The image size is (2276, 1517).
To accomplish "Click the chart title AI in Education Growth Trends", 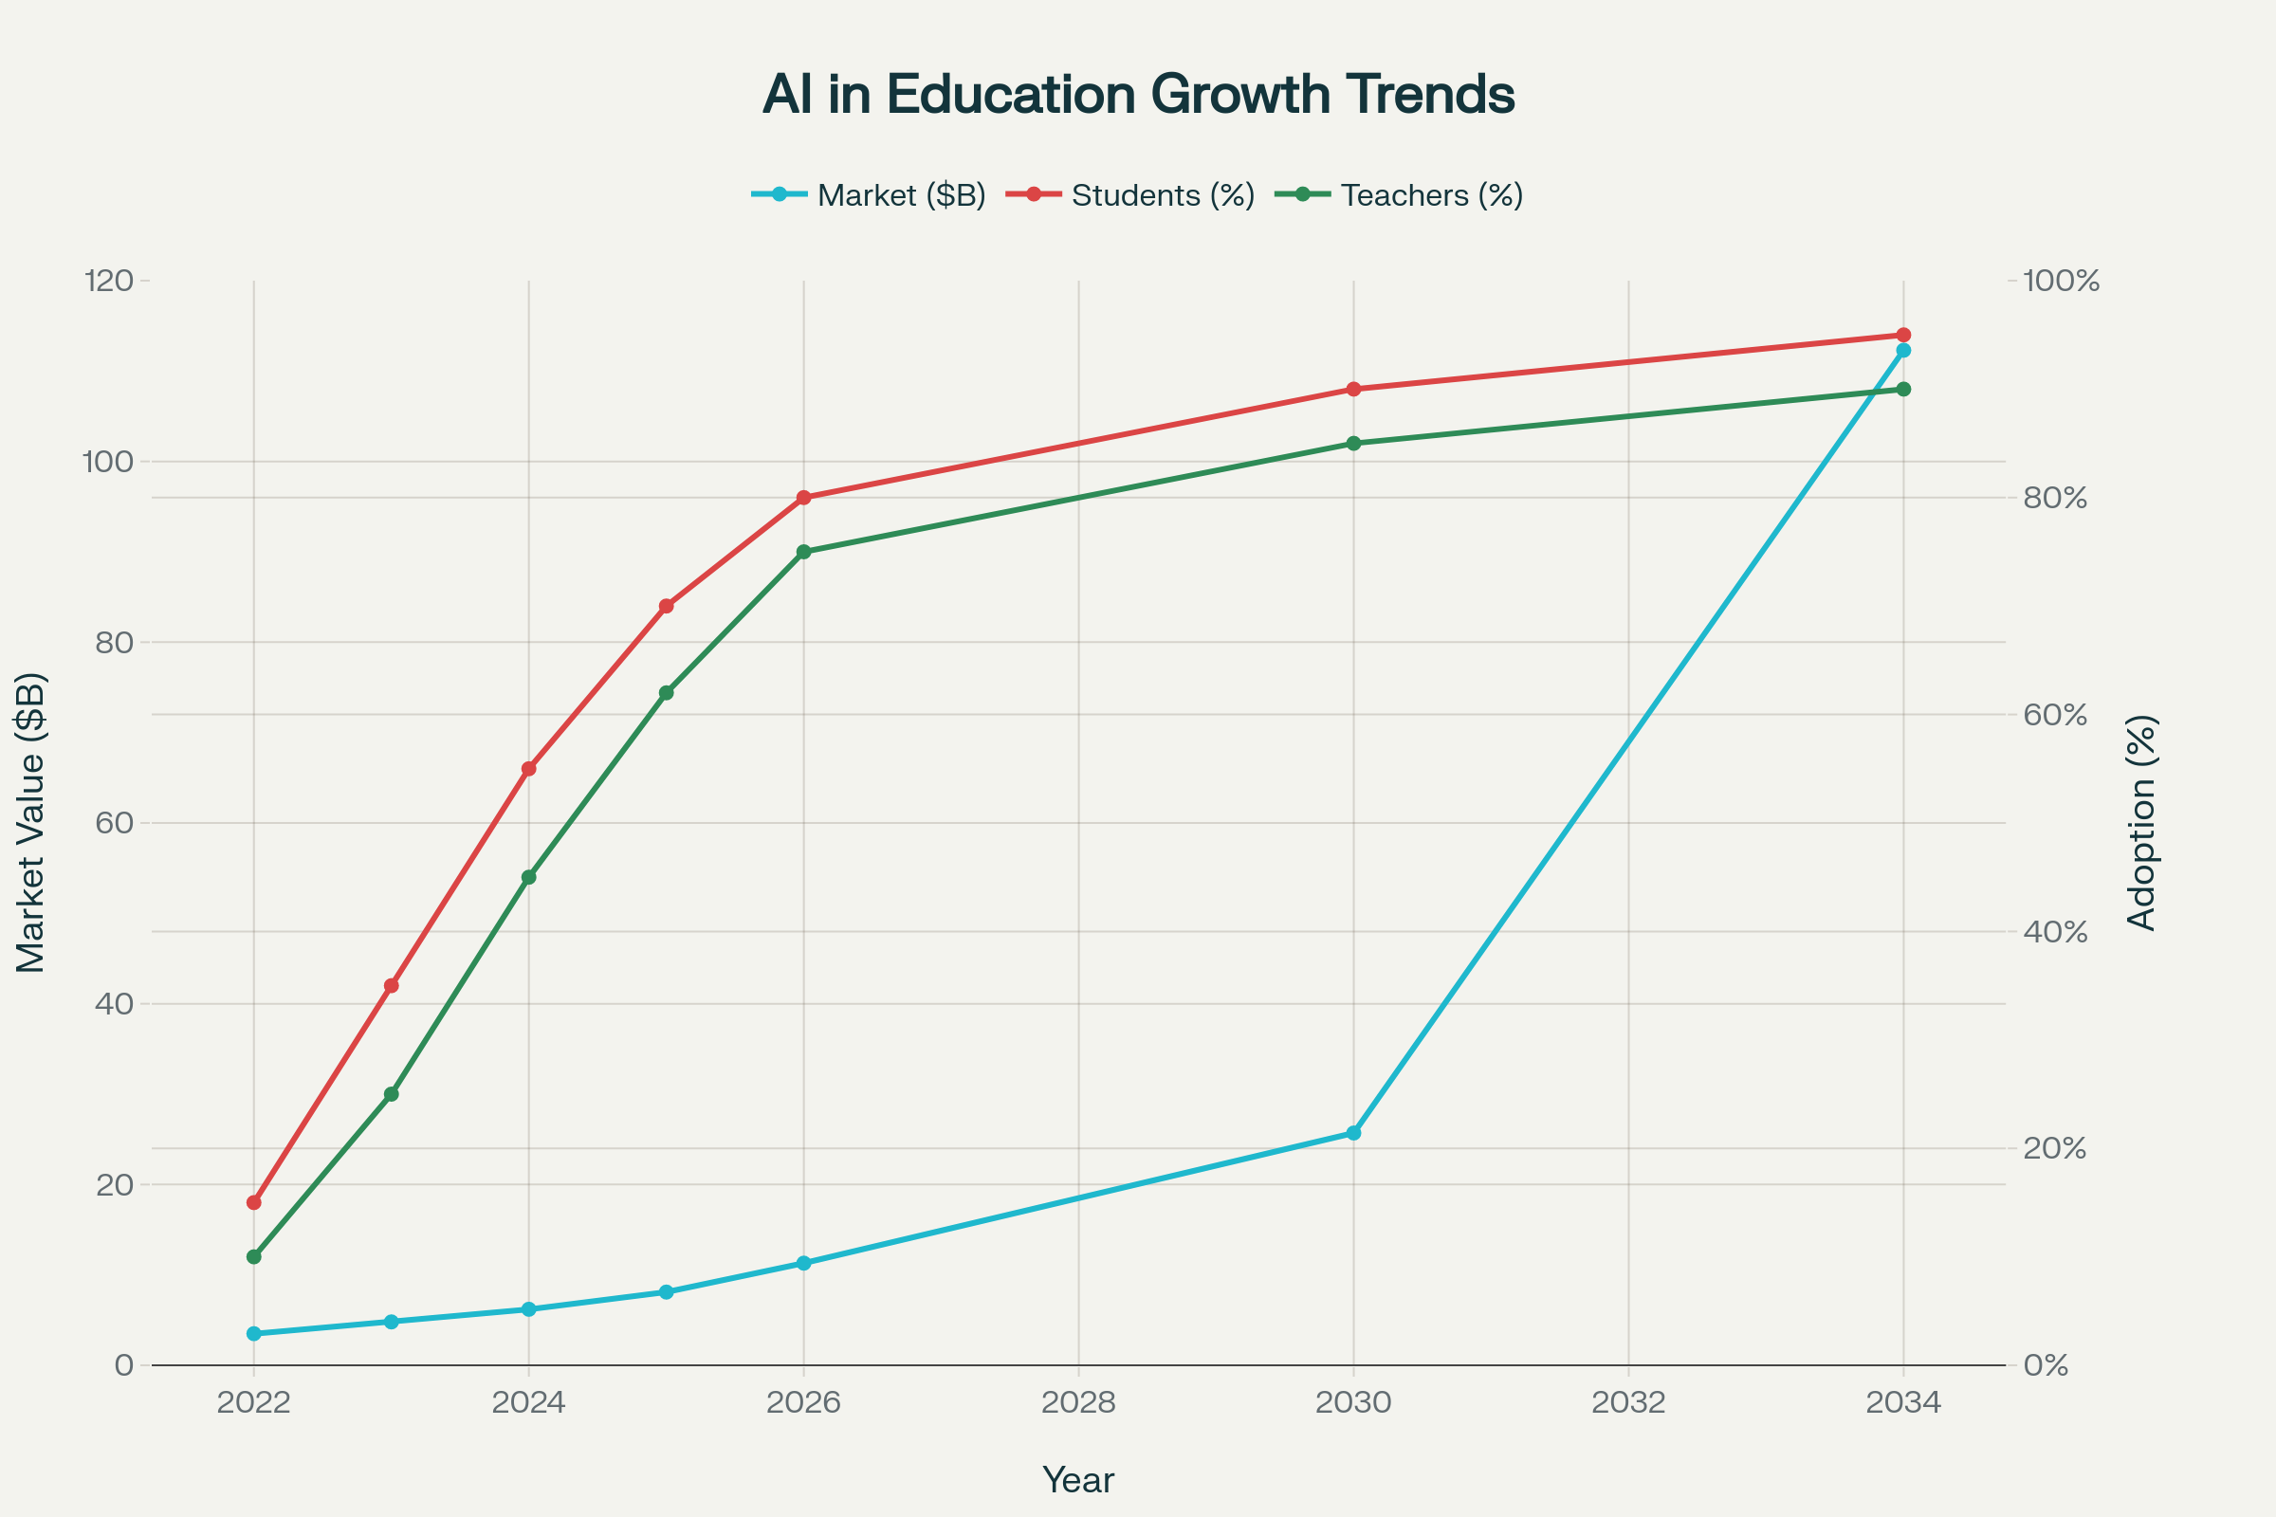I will [1138, 95].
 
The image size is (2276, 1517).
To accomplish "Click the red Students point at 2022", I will [254, 1202].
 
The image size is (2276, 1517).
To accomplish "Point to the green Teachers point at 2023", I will [391, 1094].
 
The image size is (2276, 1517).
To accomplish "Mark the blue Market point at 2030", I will [1354, 1133].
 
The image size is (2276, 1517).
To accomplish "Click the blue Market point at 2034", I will [1903, 350].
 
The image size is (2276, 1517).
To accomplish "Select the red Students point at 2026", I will [803, 497].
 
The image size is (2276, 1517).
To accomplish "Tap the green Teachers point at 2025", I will [666, 693].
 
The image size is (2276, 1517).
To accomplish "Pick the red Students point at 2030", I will [1354, 389].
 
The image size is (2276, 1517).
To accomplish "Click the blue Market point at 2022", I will [254, 1333].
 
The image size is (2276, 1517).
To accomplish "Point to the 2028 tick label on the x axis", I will [1078, 1403].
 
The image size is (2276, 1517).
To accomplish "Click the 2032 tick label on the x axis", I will [1628, 1403].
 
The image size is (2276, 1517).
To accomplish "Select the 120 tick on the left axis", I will [108, 281].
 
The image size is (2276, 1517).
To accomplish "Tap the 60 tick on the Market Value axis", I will [114, 823].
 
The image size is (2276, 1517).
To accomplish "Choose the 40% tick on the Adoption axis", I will [2054, 932].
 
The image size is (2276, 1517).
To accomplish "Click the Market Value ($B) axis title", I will [31, 822].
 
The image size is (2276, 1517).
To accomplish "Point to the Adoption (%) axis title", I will [2142, 822].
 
